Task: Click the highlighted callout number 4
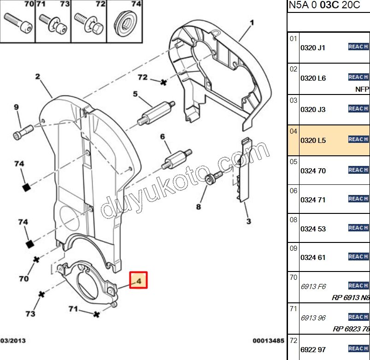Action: (x=138, y=279)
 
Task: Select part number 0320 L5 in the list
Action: (x=313, y=140)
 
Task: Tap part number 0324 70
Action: (x=313, y=171)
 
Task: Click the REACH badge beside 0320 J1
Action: (x=358, y=47)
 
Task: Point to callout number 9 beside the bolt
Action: (x=16, y=107)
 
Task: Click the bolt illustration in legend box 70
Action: (x=18, y=22)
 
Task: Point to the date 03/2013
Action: (x=12, y=341)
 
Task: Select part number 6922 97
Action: (x=313, y=350)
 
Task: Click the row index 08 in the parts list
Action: (x=294, y=219)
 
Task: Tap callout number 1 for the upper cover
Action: (x=252, y=22)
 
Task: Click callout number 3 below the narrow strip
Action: (x=248, y=221)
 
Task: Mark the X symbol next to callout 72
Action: (x=163, y=82)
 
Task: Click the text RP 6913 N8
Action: (x=350, y=297)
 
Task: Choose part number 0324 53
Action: (x=313, y=229)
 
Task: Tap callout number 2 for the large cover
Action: (x=37, y=77)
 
